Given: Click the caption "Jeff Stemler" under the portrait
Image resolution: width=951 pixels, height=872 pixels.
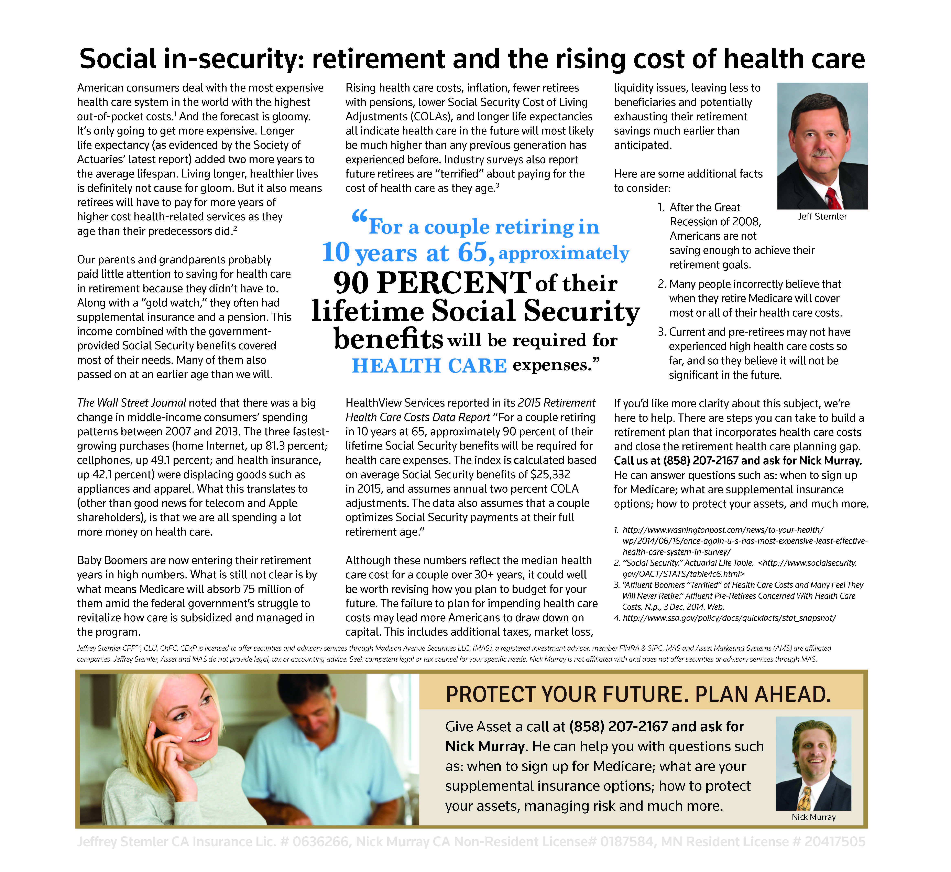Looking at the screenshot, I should pos(822,217).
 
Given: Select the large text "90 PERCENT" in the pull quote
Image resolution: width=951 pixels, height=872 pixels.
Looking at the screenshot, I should pos(432,283).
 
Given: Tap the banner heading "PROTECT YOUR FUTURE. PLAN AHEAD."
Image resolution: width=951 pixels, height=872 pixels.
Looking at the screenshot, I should pos(638,694).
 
